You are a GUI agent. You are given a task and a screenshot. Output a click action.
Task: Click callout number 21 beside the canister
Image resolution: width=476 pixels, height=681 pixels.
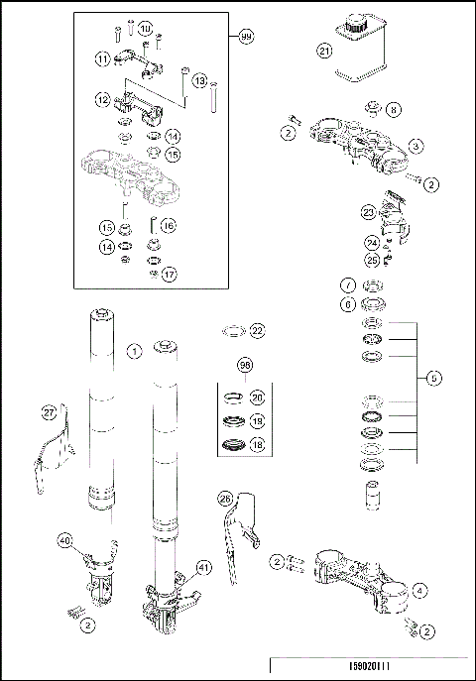pyautogui.click(x=323, y=49)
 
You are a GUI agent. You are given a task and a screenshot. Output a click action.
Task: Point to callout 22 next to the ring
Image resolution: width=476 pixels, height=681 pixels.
pyautogui.click(x=256, y=330)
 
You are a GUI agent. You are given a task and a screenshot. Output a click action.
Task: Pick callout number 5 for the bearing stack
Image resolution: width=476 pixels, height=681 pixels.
pyautogui.click(x=431, y=378)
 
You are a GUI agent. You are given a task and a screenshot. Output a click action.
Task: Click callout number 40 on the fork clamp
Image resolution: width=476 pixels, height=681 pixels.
pyautogui.click(x=66, y=541)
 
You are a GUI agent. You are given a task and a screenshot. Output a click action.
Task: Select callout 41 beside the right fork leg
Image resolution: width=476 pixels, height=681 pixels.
pyautogui.click(x=204, y=567)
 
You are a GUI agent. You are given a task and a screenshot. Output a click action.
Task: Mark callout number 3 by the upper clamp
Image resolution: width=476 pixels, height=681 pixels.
pyautogui.click(x=416, y=146)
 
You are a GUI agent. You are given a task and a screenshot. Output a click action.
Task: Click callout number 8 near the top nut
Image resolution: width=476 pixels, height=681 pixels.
pyautogui.click(x=394, y=109)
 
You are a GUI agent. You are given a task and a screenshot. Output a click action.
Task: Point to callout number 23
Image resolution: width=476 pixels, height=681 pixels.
pyautogui.click(x=367, y=211)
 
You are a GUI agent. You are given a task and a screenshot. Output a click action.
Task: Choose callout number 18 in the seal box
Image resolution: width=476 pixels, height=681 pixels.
pyautogui.click(x=257, y=447)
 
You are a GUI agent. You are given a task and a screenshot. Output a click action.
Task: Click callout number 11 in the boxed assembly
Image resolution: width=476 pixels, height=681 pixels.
pyautogui.click(x=102, y=58)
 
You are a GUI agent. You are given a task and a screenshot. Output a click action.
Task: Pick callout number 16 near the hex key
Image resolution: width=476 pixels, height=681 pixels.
pyautogui.click(x=168, y=226)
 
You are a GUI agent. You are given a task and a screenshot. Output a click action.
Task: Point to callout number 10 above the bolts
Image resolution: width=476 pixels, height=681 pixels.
pyautogui.click(x=146, y=29)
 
